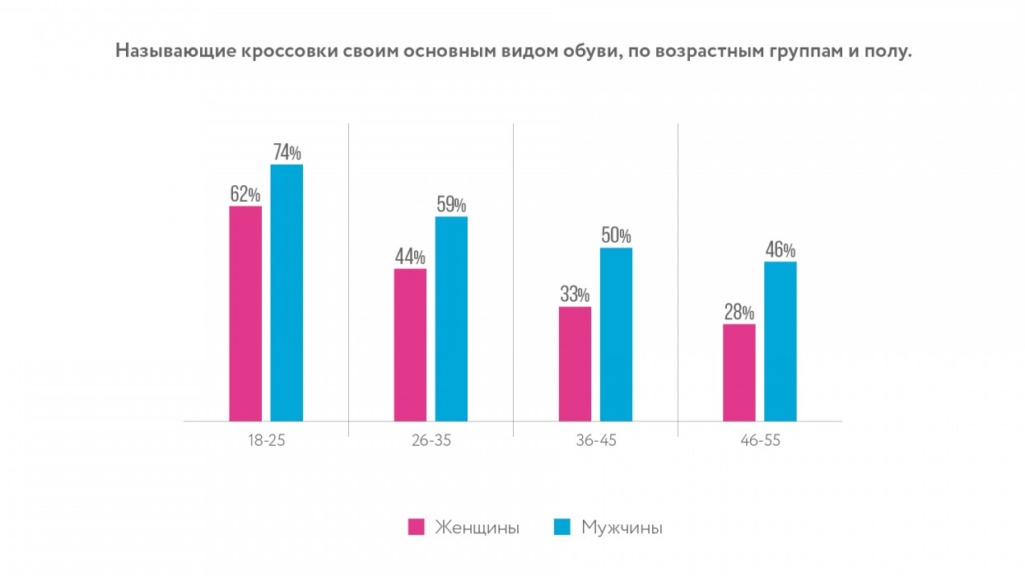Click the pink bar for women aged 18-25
pos(245,314)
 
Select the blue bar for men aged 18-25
pos(287,293)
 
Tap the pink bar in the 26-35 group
pos(410,345)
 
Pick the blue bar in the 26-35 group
pos(451,318)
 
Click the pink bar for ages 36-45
pos(575,364)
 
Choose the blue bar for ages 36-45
pos(616,334)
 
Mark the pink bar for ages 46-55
pos(739,373)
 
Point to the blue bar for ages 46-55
pos(780,341)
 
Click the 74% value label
pos(287,152)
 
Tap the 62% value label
pos(245,194)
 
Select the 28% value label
pos(739,312)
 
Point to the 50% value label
pos(616,235)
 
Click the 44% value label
pos(410,257)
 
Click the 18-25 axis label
pos(266,440)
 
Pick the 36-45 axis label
pos(595,440)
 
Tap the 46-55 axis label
pos(760,440)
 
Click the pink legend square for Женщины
pos(417,527)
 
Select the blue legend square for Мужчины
pos(563,527)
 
